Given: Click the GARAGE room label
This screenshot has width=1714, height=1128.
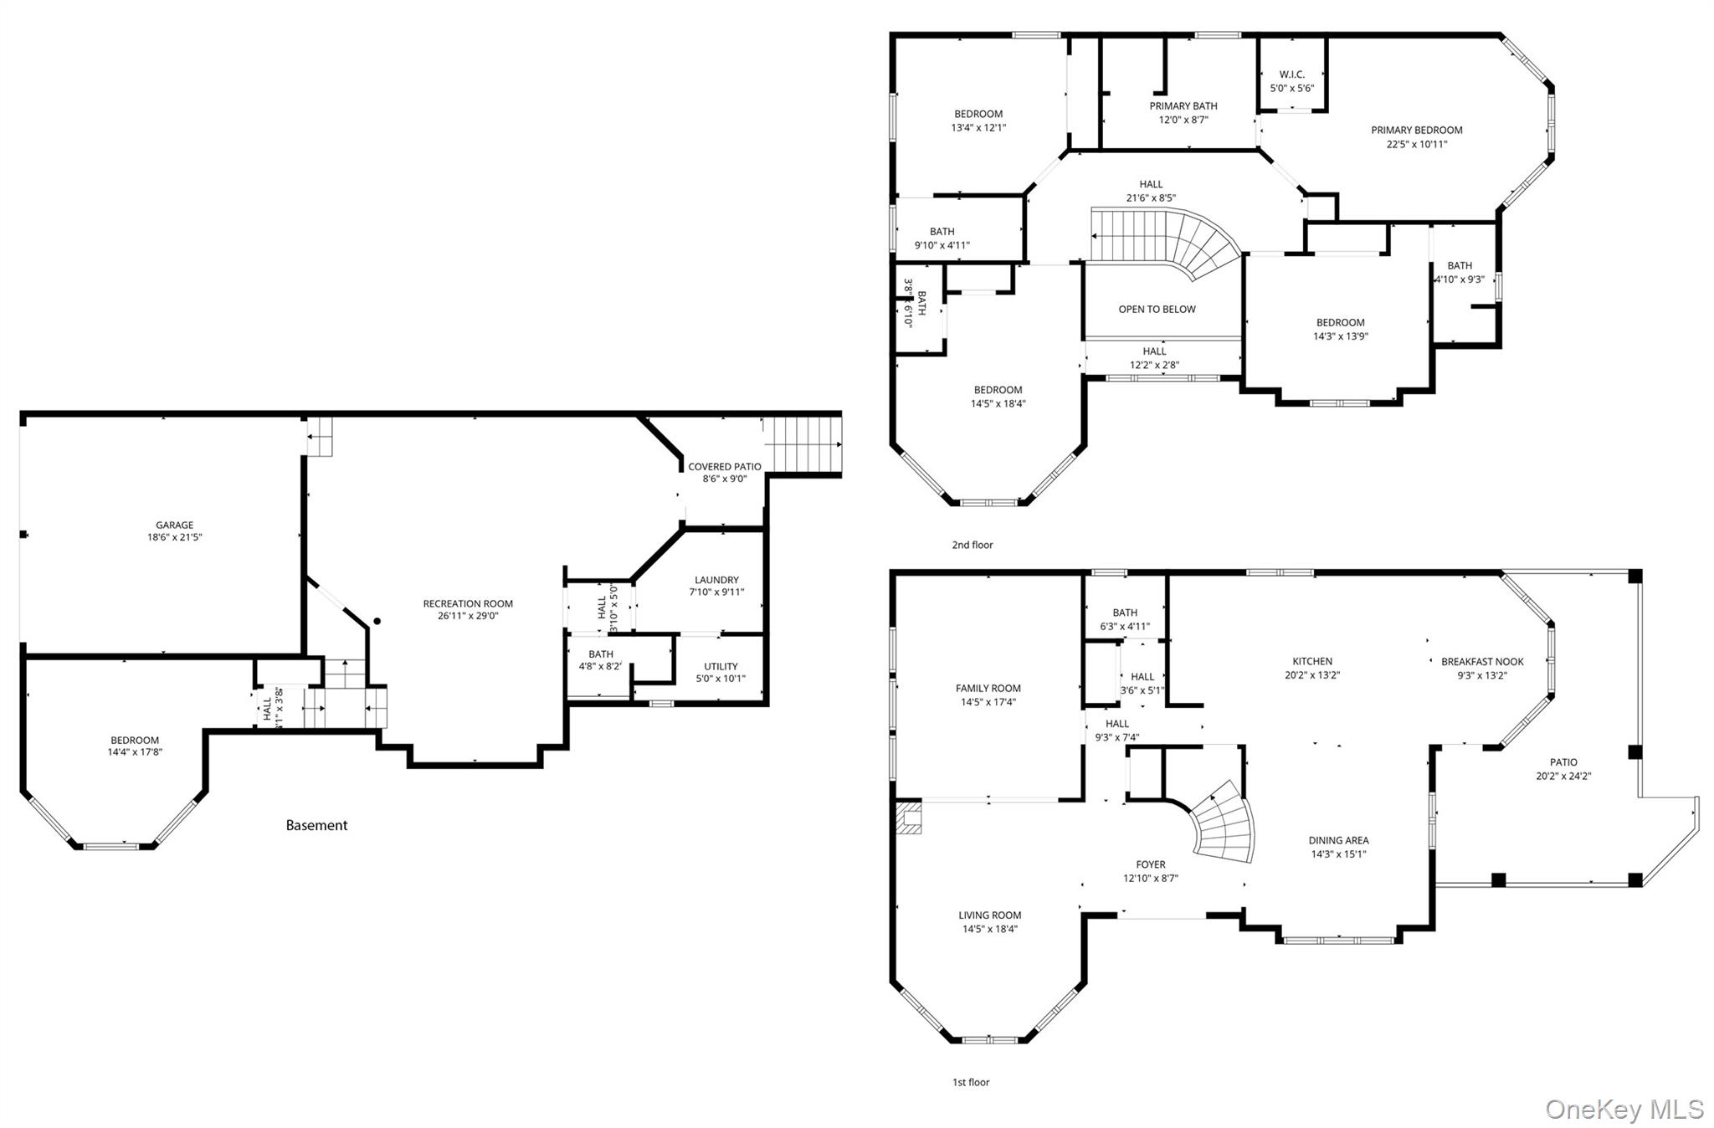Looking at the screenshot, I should (x=174, y=526).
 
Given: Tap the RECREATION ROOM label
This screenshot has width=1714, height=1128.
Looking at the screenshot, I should (x=468, y=603).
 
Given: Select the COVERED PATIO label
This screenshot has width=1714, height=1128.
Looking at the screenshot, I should (x=724, y=467).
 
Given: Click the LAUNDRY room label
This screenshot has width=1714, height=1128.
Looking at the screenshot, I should (x=716, y=580).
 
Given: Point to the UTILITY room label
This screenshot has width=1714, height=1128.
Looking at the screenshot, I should (x=721, y=667).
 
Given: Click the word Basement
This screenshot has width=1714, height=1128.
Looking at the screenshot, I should (x=316, y=825).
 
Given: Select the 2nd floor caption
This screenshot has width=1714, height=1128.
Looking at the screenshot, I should (x=972, y=545).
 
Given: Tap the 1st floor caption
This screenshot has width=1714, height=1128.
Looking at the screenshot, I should (x=970, y=1082).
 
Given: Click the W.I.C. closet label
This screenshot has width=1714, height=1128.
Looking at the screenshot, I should (x=1291, y=74).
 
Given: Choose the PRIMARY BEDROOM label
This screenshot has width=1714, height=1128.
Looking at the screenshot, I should (x=1416, y=130).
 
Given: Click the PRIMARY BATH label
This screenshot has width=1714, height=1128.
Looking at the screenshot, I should (x=1183, y=105).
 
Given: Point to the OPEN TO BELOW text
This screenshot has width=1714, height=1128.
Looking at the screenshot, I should (x=1157, y=309).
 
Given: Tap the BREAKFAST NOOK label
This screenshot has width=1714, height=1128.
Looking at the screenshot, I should (x=1482, y=661).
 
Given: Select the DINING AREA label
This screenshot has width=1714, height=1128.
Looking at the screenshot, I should (x=1338, y=840).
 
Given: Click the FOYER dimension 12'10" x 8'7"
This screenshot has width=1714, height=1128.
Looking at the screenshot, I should (x=1150, y=879).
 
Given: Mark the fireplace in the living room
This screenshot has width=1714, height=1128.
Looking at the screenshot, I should (x=907, y=818).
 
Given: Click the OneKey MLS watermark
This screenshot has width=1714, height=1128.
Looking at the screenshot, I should (x=1624, y=1109).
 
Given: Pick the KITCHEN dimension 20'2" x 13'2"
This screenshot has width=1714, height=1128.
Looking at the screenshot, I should (x=1311, y=675).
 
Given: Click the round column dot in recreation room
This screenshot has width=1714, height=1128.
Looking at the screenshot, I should (x=377, y=621).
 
